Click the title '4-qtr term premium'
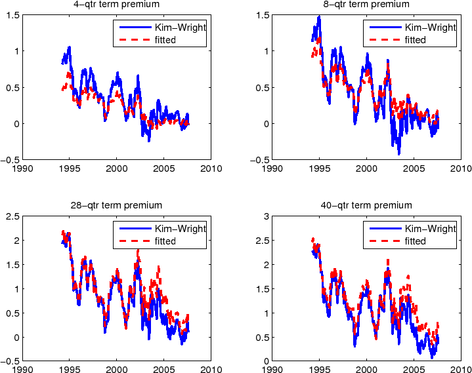(x=116, y=5)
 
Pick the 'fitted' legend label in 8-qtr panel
(x=415, y=40)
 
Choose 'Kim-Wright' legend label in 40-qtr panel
(x=430, y=229)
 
